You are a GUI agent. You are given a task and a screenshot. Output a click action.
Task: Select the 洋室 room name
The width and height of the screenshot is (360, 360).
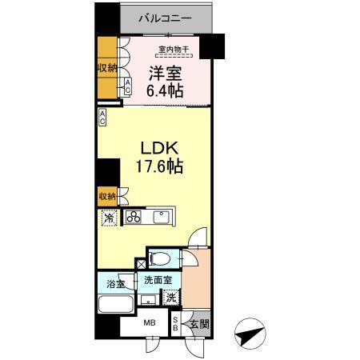click(x=166, y=74)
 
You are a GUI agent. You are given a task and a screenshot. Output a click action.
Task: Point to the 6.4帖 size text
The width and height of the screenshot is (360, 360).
click(x=165, y=92)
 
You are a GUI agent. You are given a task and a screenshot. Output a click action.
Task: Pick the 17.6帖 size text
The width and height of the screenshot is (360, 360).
click(x=157, y=168)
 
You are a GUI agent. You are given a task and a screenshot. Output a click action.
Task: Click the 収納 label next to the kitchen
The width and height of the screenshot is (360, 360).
click(x=106, y=196)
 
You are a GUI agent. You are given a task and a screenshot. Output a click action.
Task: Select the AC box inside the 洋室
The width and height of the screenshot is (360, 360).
click(x=127, y=86)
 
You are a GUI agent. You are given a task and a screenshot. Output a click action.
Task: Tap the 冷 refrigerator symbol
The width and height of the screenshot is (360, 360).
click(x=107, y=217)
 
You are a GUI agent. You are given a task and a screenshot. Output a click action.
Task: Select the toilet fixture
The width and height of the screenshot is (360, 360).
click(x=161, y=258)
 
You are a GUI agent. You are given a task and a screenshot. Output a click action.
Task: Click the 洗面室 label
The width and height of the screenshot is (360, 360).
click(x=157, y=282)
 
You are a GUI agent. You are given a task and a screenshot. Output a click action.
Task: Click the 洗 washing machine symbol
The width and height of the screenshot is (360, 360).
click(x=171, y=298)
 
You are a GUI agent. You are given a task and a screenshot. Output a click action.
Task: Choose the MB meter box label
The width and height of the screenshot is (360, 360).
click(x=150, y=324)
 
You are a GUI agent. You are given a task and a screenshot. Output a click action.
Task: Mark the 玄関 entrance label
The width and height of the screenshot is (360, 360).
click(x=198, y=324)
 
